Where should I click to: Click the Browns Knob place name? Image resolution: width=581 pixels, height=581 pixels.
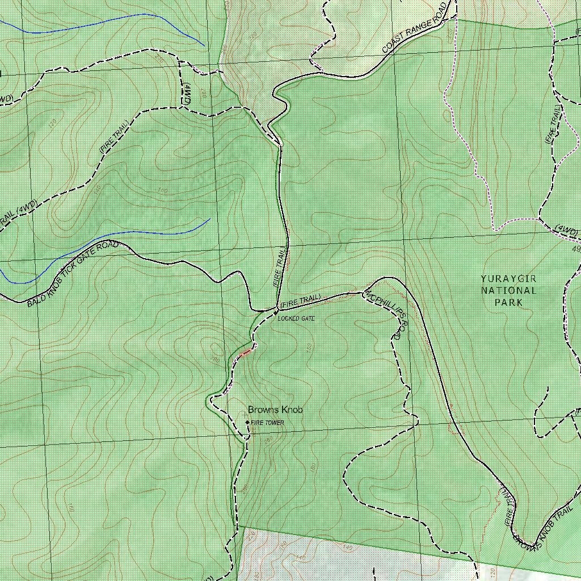click(275, 410)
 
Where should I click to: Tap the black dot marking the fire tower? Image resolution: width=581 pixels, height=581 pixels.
click(247, 422)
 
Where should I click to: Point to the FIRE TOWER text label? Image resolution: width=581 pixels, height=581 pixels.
click(268, 423)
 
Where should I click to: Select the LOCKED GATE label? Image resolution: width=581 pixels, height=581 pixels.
click(296, 318)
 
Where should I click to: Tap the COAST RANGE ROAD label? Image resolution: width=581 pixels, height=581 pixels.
click(415, 29)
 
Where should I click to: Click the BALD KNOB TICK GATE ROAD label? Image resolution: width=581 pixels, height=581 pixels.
click(73, 273)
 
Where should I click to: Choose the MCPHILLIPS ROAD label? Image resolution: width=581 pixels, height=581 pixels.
click(386, 315)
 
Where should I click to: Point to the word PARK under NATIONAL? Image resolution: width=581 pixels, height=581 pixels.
click(508, 302)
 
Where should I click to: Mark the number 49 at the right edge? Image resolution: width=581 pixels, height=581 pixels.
click(576, 249)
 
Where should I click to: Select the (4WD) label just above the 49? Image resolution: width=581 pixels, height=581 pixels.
click(566, 230)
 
